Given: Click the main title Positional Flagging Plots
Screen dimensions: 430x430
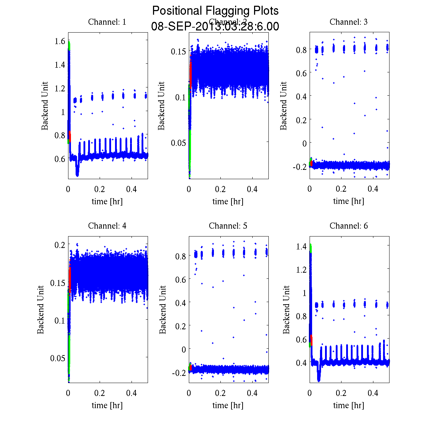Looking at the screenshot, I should (215, 11).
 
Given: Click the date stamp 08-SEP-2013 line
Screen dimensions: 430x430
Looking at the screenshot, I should (215, 27).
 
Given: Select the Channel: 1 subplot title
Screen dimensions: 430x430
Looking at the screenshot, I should (107, 22).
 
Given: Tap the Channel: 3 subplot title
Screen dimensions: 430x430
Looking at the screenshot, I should (349, 22).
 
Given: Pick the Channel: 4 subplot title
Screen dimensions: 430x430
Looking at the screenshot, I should (107, 226).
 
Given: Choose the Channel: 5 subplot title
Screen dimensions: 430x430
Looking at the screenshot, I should (228, 226).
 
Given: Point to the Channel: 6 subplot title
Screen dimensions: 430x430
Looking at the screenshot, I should (349, 226).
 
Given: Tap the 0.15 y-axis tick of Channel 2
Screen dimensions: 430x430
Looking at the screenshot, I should (178, 51).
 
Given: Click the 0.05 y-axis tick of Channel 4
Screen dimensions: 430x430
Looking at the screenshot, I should (57, 358).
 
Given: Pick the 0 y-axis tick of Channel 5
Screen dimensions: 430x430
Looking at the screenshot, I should (184, 349).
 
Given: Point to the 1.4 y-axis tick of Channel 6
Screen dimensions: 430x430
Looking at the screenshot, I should (301, 246).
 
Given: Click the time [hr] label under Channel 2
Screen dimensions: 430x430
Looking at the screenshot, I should (228, 201).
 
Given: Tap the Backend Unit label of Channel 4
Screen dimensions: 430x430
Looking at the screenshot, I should (41, 310).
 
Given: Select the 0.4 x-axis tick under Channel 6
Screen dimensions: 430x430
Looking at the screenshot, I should (373, 393).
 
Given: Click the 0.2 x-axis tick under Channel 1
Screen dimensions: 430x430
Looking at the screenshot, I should (100, 189).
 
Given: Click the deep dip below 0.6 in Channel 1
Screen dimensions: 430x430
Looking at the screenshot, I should (77, 171).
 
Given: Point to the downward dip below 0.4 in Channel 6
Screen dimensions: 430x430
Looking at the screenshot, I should (319, 376).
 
